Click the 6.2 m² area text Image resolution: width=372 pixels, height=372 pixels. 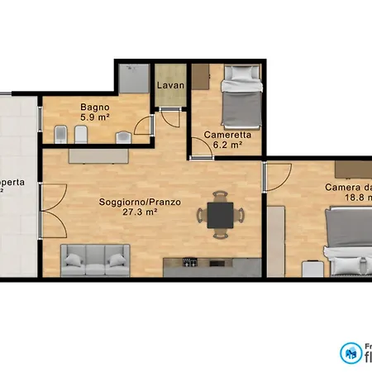227,144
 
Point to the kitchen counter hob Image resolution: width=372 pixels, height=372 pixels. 190,265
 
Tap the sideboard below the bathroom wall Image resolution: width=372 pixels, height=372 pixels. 98,155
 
